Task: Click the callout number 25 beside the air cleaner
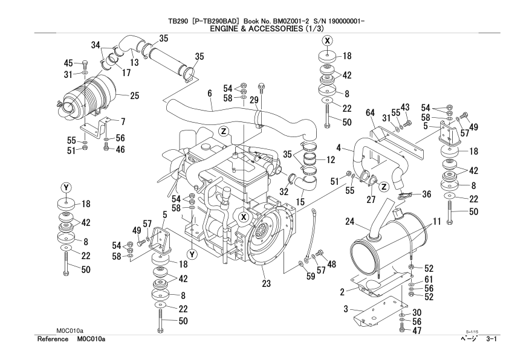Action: (x=134, y=95)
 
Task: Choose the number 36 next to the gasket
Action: (x=426, y=194)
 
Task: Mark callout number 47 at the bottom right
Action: (x=416, y=330)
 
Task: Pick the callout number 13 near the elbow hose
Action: (x=135, y=62)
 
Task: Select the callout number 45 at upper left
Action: (x=68, y=63)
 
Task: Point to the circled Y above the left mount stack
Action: (x=65, y=185)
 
